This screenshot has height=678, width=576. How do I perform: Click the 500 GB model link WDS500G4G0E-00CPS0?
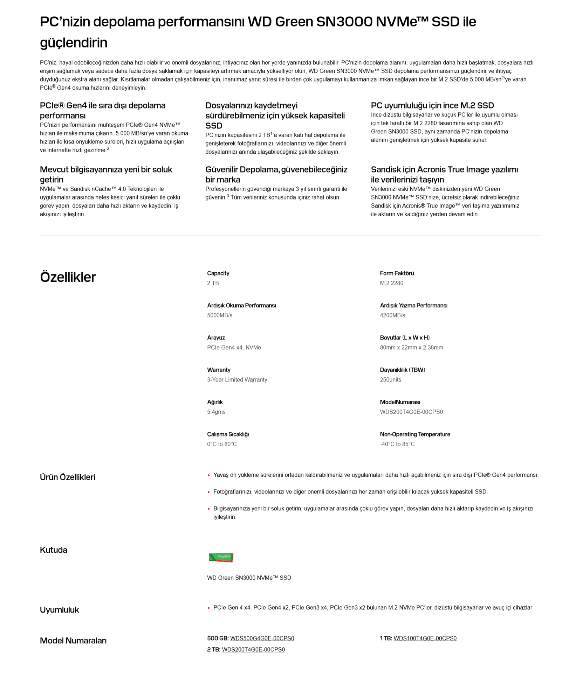[x=262, y=638]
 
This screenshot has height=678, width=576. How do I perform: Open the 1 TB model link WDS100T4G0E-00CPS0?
[x=425, y=638]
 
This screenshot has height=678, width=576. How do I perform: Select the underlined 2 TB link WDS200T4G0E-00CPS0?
[x=253, y=649]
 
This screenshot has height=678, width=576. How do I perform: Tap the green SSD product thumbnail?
[x=221, y=557]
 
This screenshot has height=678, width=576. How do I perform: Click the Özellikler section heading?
[x=68, y=277]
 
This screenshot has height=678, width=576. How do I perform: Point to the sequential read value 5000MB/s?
[x=219, y=315]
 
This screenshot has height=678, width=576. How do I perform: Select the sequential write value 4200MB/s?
[x=392, y=315]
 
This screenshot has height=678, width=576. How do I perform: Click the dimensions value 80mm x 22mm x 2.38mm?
[x=411, y=347]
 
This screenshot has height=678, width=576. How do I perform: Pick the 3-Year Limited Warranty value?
[x=237, y=379]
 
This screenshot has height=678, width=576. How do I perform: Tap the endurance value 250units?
[x=390, y=379]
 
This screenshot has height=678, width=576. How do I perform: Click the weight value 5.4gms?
[x=216, y=412]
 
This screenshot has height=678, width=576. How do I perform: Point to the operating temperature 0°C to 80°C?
[x=222, y=444]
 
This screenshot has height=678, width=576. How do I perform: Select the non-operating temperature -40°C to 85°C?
[x=397, y=444]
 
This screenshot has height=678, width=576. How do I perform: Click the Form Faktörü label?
[x=397, y=273]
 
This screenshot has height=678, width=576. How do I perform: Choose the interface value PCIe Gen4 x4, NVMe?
[x=234, y=347]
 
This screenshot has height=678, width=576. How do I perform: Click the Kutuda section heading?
[x=54, y=550]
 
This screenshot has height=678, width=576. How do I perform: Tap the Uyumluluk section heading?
[x=60, y=609]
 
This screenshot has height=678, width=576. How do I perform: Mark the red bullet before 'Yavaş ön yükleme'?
[x=208, y=475]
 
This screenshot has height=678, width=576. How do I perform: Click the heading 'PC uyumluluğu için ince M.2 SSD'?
[x=432, y=105]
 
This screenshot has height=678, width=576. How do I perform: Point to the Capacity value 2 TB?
[x=213, y=283]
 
